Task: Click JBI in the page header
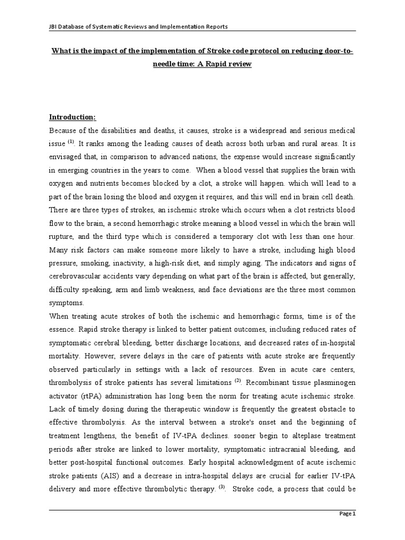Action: point(54,27)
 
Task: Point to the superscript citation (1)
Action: point(71,141)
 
